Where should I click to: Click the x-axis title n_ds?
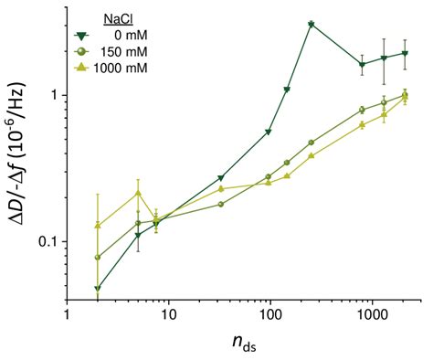244,344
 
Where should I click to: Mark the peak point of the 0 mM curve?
312,25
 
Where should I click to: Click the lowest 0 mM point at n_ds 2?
98,289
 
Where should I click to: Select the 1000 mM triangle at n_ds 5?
138,193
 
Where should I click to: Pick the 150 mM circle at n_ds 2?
98,258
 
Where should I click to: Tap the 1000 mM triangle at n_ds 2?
98,226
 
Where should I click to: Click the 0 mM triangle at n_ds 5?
138,236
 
